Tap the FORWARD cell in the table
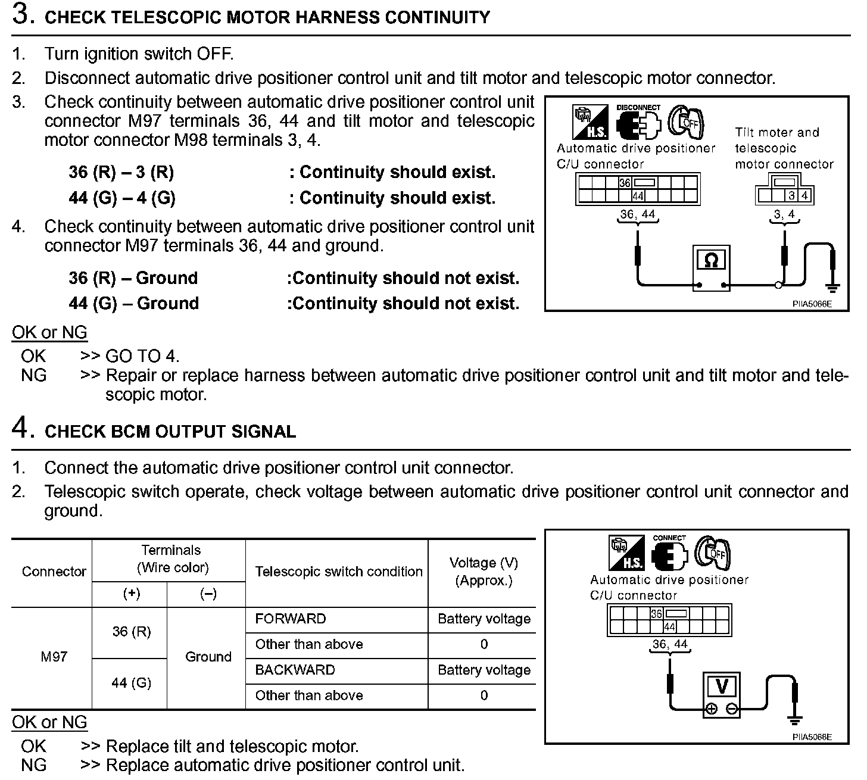coord(291,619)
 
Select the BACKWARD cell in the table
coord(295,670)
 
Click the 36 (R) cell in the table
coord(131,632)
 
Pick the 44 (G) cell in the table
coord(131,683)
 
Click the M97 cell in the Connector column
coord(54,657)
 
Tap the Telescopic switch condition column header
coord(338,572)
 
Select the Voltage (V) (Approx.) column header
coord(484,572)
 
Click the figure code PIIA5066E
coord(812,304)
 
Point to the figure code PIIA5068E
coord(812,737)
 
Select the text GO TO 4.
coord(142,357)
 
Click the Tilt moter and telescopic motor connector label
coord(784,148)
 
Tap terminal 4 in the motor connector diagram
coord(804,195)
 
